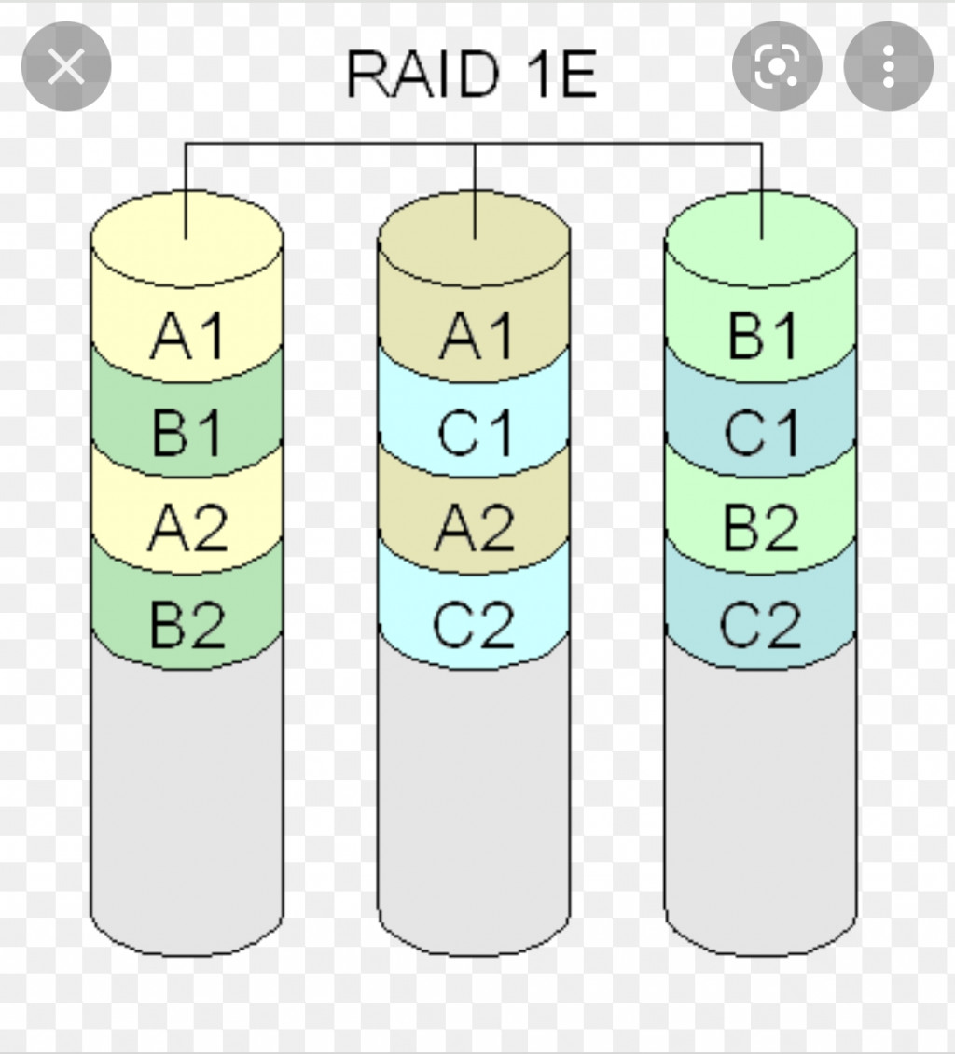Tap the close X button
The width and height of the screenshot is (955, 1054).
click(x=66, y=66)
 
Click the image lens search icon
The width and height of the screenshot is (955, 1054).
click(x=777, y=66)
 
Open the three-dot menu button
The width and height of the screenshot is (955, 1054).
click(x=889, y=66)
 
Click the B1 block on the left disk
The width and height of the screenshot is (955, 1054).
click(x=187, y=431)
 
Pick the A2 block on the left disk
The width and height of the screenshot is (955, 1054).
click(x=187, y=526)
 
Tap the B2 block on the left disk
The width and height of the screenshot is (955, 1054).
click(x=187, y=623)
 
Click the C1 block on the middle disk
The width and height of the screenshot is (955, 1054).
click(x=474, y=431)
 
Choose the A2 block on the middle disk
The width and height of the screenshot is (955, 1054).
click(x=474, y=526)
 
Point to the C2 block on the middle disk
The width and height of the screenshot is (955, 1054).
click(x=474, y=623)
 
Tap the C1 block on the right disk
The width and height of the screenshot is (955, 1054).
click(x=761, y=431)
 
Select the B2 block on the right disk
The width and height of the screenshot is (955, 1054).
click(x=761, y=526)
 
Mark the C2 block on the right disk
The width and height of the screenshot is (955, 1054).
click(x=761, y=623)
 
